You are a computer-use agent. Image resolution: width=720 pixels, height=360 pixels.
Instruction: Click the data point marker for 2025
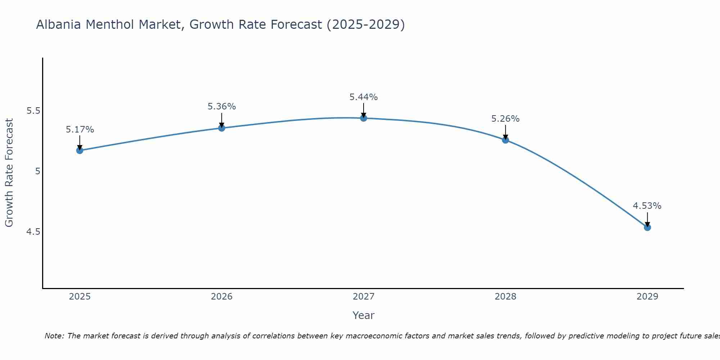pyautogui.click(x=80, y=150)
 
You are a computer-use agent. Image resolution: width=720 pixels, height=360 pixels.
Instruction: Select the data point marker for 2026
pyautogui.click(x=222, y=128)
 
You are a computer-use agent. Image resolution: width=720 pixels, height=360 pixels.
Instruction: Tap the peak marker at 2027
pyautogui.click(x=364, y=118)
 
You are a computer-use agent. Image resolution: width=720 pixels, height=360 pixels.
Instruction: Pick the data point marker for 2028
pyautogui.click(x=505, y=140)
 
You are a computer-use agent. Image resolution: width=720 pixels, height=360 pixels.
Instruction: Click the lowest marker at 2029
pyautogui.click(x=647, y=228)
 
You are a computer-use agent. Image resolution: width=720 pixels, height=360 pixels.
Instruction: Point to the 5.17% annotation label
pyautogui.click(x=80, y=130)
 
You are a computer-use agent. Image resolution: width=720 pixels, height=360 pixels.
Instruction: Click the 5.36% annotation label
pyautogui.click(x=222, y=107)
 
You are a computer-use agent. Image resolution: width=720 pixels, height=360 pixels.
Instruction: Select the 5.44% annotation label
pyautogui.click(x=364, y=97)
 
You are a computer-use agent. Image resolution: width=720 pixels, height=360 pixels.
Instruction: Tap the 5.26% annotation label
pyautogui.click(x=505, y=119)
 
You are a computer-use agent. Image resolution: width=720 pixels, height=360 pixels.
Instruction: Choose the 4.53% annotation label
pyautogui.click(x=647, y=206)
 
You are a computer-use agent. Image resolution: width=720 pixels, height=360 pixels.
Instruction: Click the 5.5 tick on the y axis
pyautogui.click(x=33, y=111)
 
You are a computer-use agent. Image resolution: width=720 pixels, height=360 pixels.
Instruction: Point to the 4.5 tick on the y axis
pyautogui.click(x=33, y=231)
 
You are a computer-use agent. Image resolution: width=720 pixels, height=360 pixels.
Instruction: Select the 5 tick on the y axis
pyautogui.click(x=37, y=171)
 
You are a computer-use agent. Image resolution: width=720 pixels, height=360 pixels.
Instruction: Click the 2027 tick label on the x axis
pyautogui.click(x=364, y=297)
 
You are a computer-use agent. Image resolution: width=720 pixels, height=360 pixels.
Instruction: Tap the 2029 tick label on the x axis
pyautogui.click(x=647, y=297)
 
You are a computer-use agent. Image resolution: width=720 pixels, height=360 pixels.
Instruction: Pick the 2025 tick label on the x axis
pyautogui.click(x=80, y=297)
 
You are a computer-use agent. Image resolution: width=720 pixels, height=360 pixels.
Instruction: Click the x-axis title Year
pyautogui.click(x=364, y=315)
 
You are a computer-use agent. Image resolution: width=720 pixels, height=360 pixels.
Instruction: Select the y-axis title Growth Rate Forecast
pyautogui.click(x=9, y=172)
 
